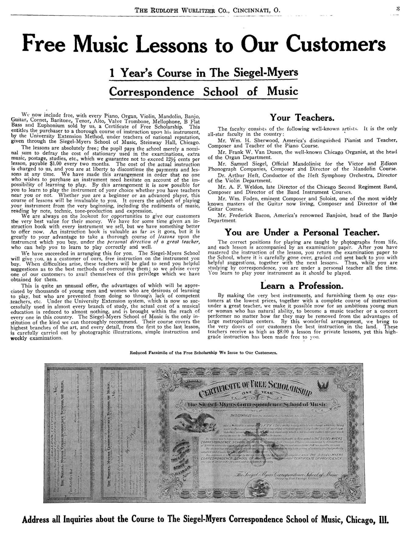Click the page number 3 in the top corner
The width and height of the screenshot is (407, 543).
398,9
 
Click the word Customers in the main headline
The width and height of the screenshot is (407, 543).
334,44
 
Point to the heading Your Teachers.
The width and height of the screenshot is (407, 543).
302,118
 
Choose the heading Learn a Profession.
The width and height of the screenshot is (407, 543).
302,286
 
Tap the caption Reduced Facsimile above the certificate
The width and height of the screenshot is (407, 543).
203,353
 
